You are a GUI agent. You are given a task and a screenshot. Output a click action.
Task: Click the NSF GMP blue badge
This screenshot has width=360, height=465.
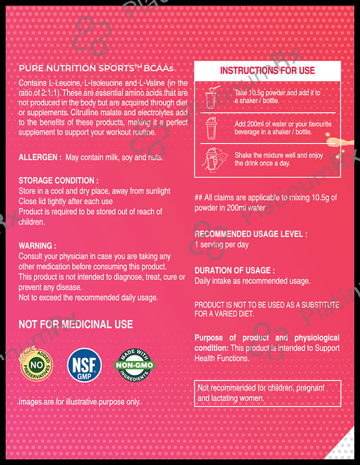point(85,365)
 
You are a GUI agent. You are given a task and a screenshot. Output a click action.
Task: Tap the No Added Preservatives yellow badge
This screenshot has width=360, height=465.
point(36,365)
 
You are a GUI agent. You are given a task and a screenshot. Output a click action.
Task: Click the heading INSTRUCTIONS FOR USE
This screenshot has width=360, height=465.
point(267,70)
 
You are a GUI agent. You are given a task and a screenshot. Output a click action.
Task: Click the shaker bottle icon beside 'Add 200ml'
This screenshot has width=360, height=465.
point(211,128)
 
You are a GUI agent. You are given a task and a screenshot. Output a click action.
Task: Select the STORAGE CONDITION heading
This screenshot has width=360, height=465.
point(58,180)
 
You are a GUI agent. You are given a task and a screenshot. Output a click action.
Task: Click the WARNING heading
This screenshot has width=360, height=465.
point(37,246)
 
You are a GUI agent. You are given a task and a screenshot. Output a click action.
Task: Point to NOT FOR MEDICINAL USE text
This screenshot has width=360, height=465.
point(76,324)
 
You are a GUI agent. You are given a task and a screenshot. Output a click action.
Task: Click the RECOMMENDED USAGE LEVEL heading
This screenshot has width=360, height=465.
point(251,234)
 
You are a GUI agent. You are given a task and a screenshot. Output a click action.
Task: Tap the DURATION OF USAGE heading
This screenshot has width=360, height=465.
point(235,270)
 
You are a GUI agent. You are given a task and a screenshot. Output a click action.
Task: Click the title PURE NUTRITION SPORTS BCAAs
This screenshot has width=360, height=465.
point(96,69)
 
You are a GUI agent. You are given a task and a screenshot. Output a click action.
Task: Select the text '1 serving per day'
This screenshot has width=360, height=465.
point(222,244)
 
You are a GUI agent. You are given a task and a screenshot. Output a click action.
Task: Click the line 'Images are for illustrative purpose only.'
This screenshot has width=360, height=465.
point(79,402)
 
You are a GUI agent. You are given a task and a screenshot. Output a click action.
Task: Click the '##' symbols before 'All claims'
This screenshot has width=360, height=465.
point(198,197)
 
